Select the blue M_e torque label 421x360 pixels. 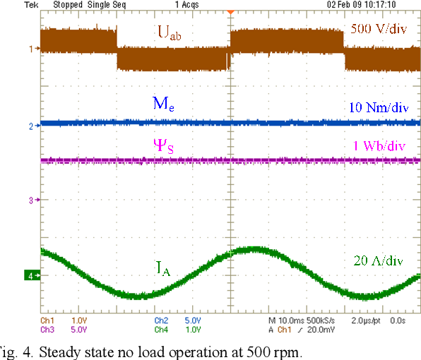click(x=163, y=104)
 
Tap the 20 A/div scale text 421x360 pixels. click(x=378, y=261)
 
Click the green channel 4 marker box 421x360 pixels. click(x=32, y=275)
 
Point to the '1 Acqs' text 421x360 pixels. click(x=185, y=4)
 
